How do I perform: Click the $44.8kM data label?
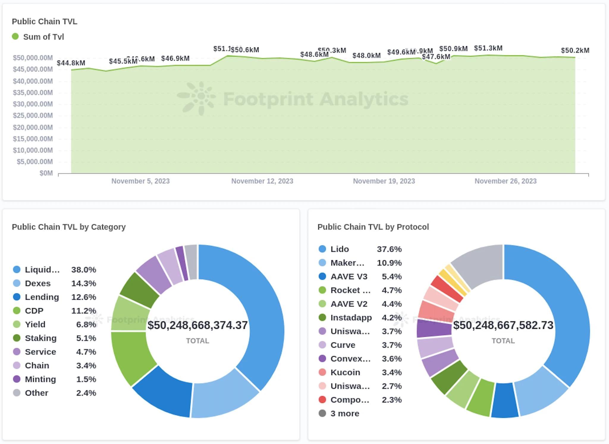click(x=71, y=63)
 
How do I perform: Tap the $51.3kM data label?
click(x=488, y=48)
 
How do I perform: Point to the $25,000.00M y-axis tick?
click(x=33, y=115)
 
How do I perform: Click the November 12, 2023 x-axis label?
click(x=262, y=181)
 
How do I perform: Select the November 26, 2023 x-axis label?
click(x=505, y=181)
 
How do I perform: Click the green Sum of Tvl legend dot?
click(x=15, y=37)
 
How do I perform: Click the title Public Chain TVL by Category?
click(x=69, y=227)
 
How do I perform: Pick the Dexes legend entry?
click(x=37, y=283)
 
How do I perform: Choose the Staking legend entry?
click(x=40, y=338)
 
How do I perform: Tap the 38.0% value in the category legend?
click(x=84, y=270)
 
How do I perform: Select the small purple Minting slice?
click(x=181, y=263)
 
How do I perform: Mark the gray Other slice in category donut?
click(x=191, y=262)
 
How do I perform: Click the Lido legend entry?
click(x=340, y=249)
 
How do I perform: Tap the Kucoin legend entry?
click(x=345, y=372)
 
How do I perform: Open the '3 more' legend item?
click(x=345, y=413)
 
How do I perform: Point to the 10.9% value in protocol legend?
click(x=389, y=263)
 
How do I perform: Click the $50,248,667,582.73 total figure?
click(x=503, y=325)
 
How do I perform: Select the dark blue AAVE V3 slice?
click(x=505, y=400)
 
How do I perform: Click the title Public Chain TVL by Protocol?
click(x=373, y=227)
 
